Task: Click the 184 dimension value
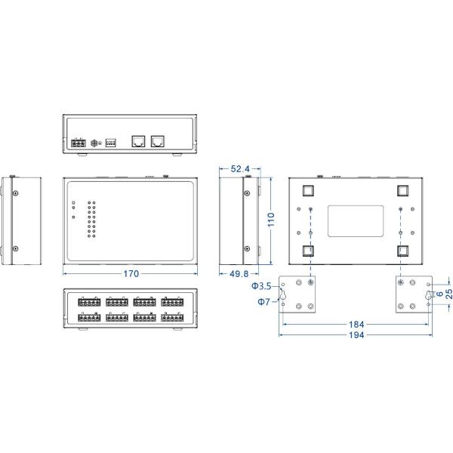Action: click(357, 325)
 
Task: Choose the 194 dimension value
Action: click(357, 335)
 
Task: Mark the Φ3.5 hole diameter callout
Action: click(260, 286)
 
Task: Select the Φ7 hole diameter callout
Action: click(263, 301)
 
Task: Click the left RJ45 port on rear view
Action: click(138, 140)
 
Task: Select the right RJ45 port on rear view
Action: click(158, 140)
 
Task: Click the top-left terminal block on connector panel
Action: click(89, 301)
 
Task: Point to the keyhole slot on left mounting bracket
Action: click(285, 294)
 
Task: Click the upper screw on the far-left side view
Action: click(14, 192)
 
